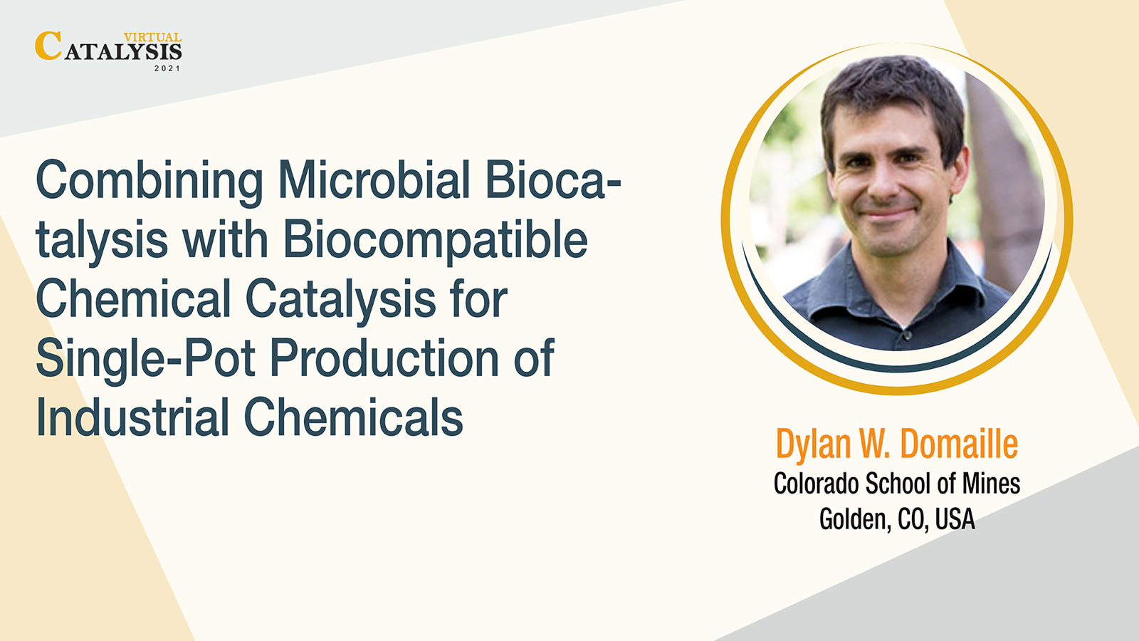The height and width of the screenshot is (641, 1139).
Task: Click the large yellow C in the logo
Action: coord(48,46)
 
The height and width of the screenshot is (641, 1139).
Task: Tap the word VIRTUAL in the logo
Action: coord(152,37)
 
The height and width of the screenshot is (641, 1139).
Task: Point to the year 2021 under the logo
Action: coord(167,68)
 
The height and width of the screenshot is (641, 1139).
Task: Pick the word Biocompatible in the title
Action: coord(435,241)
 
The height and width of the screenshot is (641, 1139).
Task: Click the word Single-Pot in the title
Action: coord(145,359)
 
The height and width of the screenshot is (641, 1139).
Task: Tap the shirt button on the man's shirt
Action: coord(908,335)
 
